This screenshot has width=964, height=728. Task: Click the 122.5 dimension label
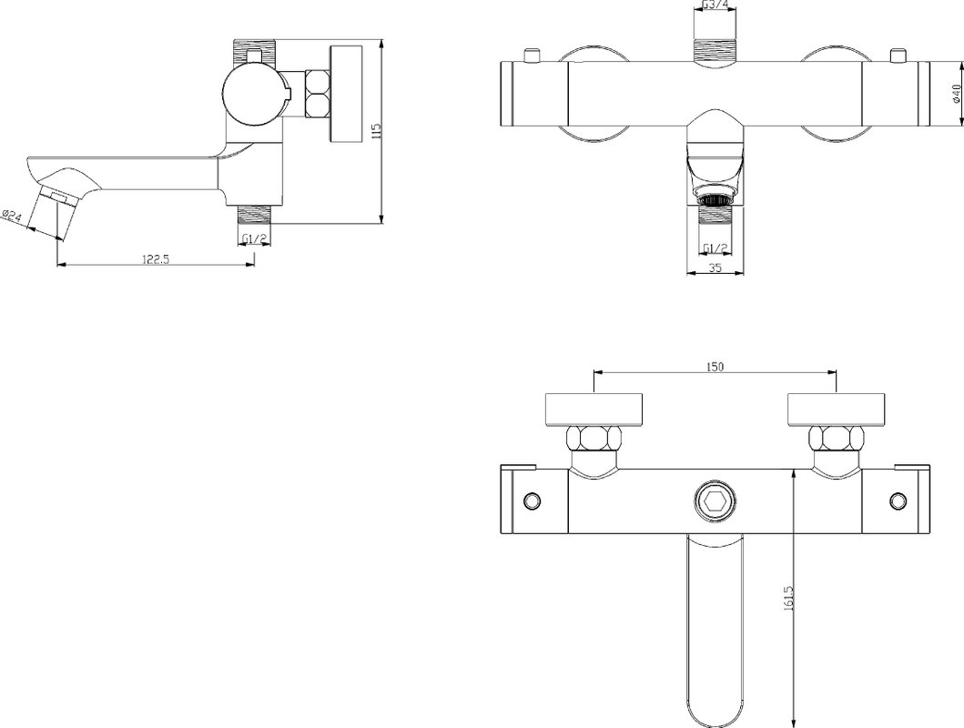pos(156,258)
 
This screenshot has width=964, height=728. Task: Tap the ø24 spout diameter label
pos(12,217)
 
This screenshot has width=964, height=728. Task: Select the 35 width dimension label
pos(715,268)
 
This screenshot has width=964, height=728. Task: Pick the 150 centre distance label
pos(715,367)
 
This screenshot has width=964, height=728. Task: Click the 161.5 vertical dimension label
pos(790,597)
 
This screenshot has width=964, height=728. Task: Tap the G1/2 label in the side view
pos(254,238)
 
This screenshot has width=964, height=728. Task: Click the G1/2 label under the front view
pos(715,248)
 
